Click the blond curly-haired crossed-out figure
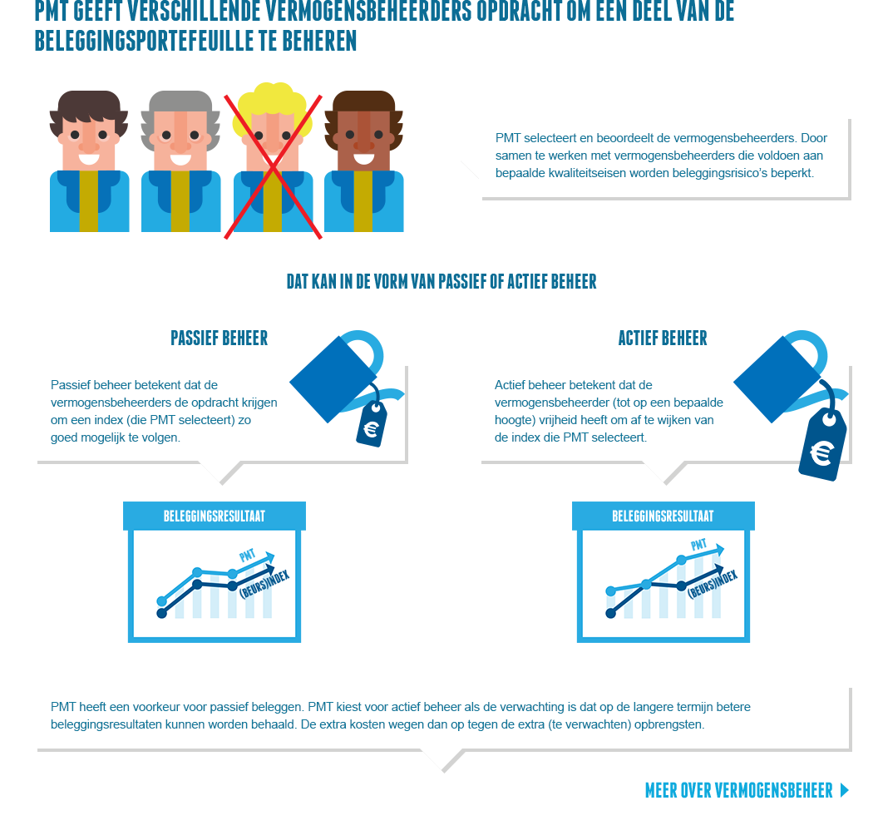click(x=273, y=160)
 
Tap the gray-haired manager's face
click(x=180, y=138)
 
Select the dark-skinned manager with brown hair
click(x=364, y=161)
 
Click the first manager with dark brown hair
click(x=89, y=161)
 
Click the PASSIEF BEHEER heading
click(x=219, y=338)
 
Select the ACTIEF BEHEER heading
click(x=662, y=338)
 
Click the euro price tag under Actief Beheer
click(x=823, y=445)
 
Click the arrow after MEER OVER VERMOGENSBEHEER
click(x=844, y=790)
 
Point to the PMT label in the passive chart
click(x=247, y=556)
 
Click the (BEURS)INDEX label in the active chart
click(x=713, y=584)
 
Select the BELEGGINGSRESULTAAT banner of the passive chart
click(x=214, y=516)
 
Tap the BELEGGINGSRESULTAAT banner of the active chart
click(x=663, y=516)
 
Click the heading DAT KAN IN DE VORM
click(x=441, y=281)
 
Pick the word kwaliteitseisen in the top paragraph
click(x=587, y=173)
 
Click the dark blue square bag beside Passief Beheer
click(x=333, y=379)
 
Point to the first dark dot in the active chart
click(x=610, y=614)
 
